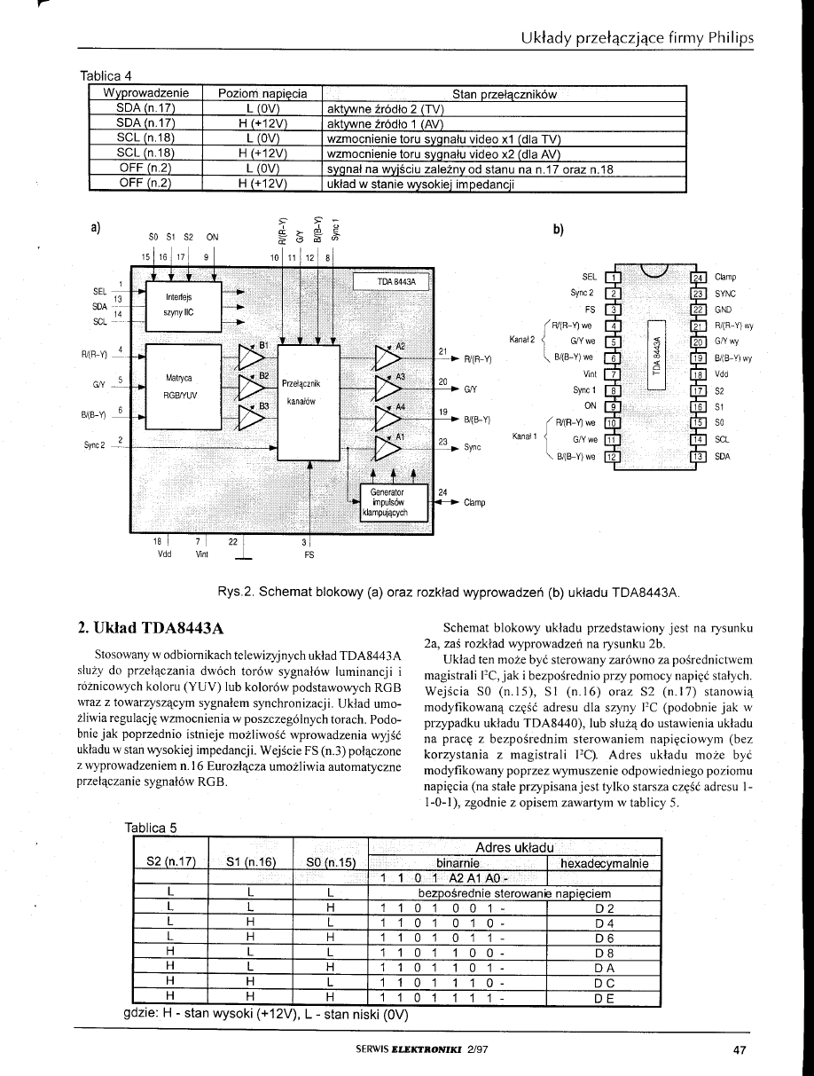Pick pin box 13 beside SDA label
coord(698,457)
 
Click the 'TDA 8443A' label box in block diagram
coord(391,282)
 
